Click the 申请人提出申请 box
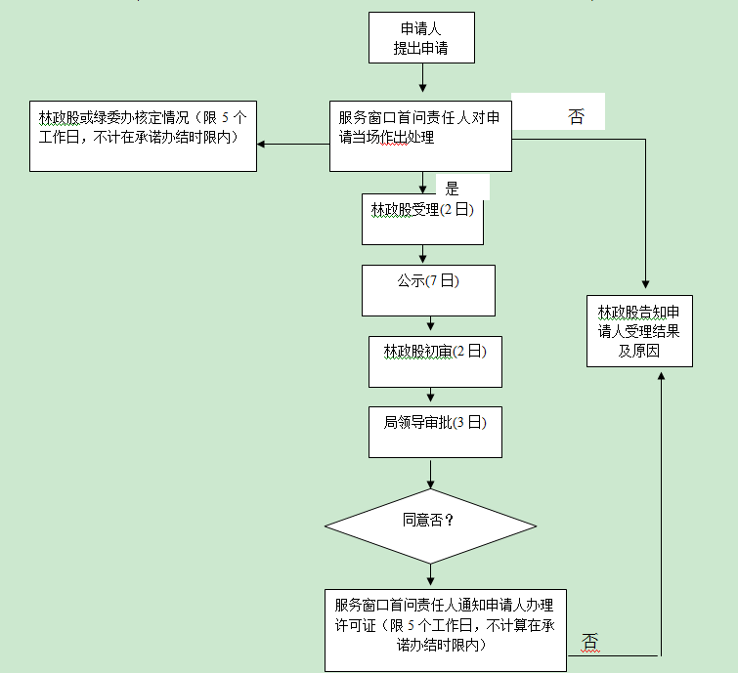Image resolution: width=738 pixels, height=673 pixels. tap(421, 38)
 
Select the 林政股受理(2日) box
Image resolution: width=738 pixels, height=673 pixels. tap(422, 218)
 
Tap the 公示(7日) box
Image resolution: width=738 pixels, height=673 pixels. tap(428, 289)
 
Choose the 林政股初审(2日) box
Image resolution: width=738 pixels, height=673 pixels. tap(435, 361)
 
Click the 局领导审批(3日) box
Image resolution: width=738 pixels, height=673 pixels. tap(435, 432)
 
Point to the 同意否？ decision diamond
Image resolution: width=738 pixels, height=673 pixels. tap(430, 526)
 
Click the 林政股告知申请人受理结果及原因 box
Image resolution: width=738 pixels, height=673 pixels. tap(639, 330)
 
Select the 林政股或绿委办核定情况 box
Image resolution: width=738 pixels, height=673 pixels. tap(143, 136)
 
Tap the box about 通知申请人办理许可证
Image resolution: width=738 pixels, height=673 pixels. tap(446, 629)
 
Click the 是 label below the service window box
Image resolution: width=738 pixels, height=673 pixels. tap(452, 189)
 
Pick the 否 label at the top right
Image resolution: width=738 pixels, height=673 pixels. tap(576, 117)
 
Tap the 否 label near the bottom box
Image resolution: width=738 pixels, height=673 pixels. tap(589, 642)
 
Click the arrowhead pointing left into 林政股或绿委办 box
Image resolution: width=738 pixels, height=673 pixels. tap(263, 145)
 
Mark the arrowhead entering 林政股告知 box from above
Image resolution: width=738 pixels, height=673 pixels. tap(646, 288)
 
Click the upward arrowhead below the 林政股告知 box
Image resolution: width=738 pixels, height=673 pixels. tap(662, 374)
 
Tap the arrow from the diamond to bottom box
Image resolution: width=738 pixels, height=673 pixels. tap(430, 575)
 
